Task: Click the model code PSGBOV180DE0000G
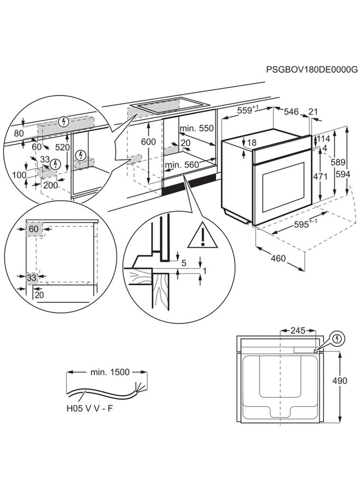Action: click(311, 70)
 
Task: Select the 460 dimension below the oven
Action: click(278, 258)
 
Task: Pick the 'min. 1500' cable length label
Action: click(109, 372)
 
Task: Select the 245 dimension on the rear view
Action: click(297, 331)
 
